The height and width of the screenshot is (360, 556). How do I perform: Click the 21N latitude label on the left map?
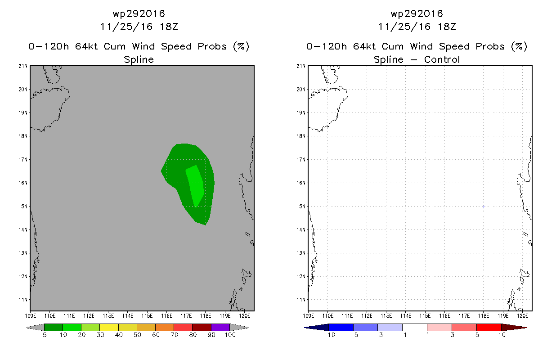24,66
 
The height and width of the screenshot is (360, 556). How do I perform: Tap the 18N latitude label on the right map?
302,136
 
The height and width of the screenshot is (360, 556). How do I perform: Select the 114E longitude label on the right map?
406,315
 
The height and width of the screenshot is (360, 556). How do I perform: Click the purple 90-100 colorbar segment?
220,327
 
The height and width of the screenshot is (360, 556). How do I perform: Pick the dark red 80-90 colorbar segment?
202,327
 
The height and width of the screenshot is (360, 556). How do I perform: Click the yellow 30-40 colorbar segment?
109,327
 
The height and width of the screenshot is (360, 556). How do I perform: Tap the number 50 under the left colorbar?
137,335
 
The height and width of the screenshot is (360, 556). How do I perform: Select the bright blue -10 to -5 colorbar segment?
341,327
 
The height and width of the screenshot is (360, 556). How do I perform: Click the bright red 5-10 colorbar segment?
489,327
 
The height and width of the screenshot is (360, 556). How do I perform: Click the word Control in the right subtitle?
441,60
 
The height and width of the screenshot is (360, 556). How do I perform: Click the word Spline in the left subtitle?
139,60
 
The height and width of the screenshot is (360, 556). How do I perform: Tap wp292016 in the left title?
139,13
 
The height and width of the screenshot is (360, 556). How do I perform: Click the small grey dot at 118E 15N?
483,207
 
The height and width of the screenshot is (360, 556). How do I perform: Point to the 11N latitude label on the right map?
302,300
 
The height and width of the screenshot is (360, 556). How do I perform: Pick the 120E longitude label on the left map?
244,315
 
